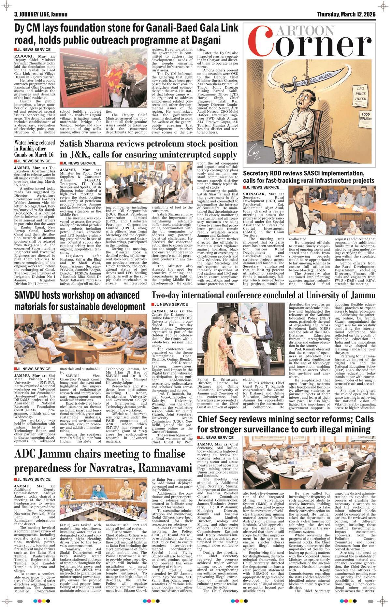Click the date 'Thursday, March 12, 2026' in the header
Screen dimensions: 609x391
tap(346, 14)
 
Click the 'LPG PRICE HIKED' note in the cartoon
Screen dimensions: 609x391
tap(361, 94)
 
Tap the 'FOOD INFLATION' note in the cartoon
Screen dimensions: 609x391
tap(366, 117)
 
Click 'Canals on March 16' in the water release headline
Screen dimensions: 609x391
tap(34, 154)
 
